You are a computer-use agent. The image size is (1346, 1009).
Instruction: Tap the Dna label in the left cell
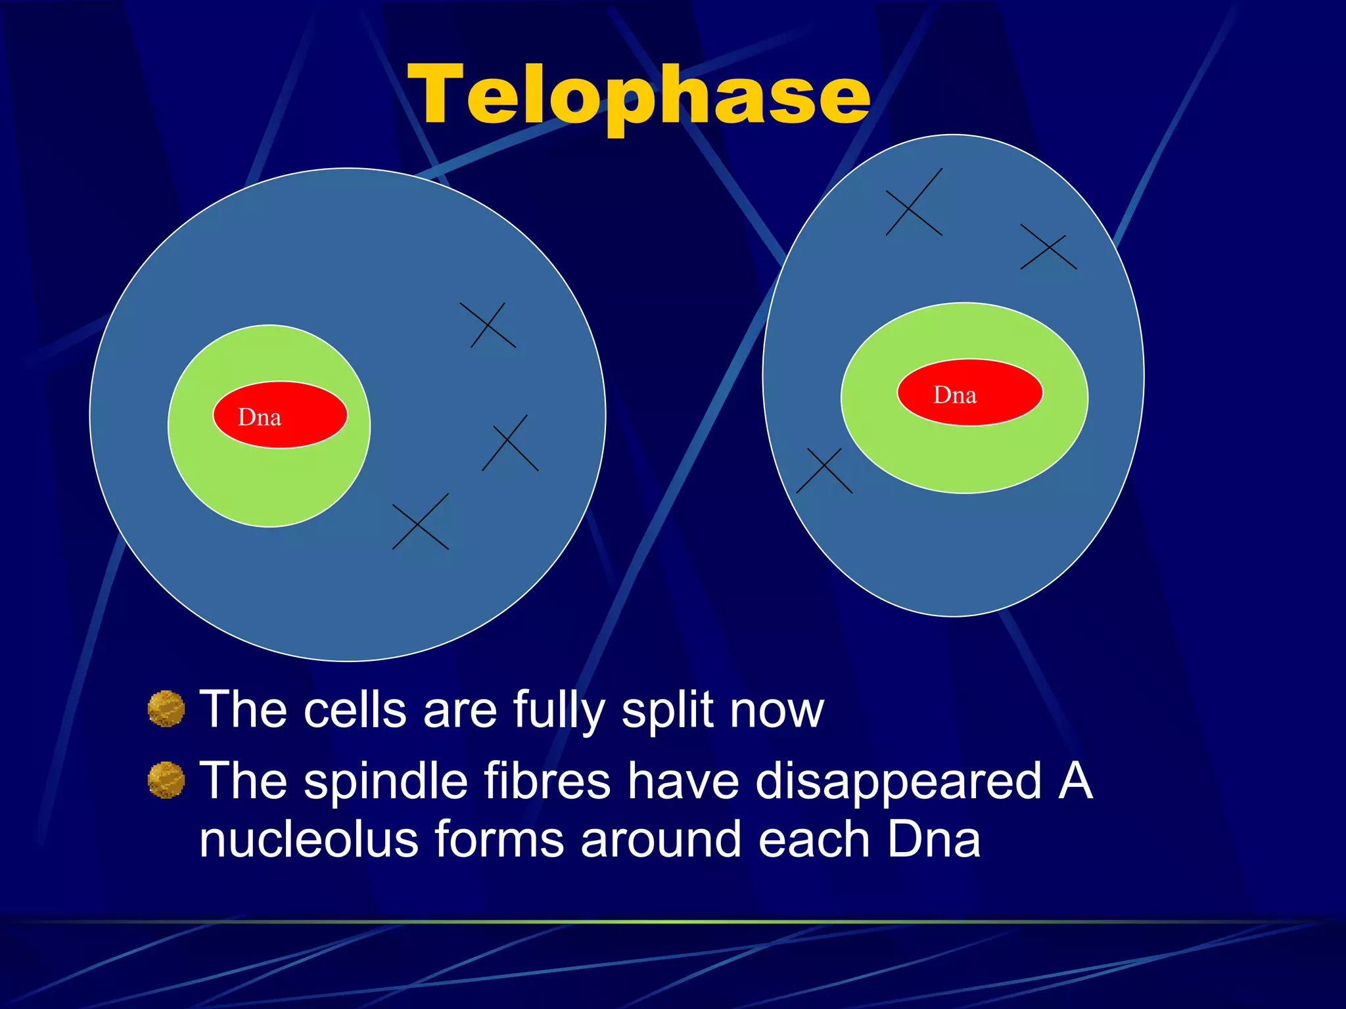tap(260, 417)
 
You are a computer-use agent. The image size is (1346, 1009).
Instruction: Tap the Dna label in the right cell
tap(955, 395)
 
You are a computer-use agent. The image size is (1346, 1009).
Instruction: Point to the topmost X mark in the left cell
tap(488, 325)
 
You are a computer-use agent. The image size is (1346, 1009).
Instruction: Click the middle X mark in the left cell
tap(510, 443)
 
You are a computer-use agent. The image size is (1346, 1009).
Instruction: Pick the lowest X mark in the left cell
tap(420, 522)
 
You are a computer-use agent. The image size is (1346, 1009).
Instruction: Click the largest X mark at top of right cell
tap(914, 202)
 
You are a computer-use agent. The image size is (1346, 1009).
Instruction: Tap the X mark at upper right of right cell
tap(1048, 248)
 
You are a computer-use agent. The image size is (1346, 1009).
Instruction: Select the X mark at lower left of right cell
tap(824, 471)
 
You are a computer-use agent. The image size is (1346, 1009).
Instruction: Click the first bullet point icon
tap(166, 709)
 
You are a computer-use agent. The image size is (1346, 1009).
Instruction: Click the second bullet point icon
tap(166, 780)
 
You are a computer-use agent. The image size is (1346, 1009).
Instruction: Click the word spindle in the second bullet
tap(385, 781)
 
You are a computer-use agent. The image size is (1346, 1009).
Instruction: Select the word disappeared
tap(898, 782)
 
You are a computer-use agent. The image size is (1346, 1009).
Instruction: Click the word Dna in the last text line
tap(933, 840)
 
